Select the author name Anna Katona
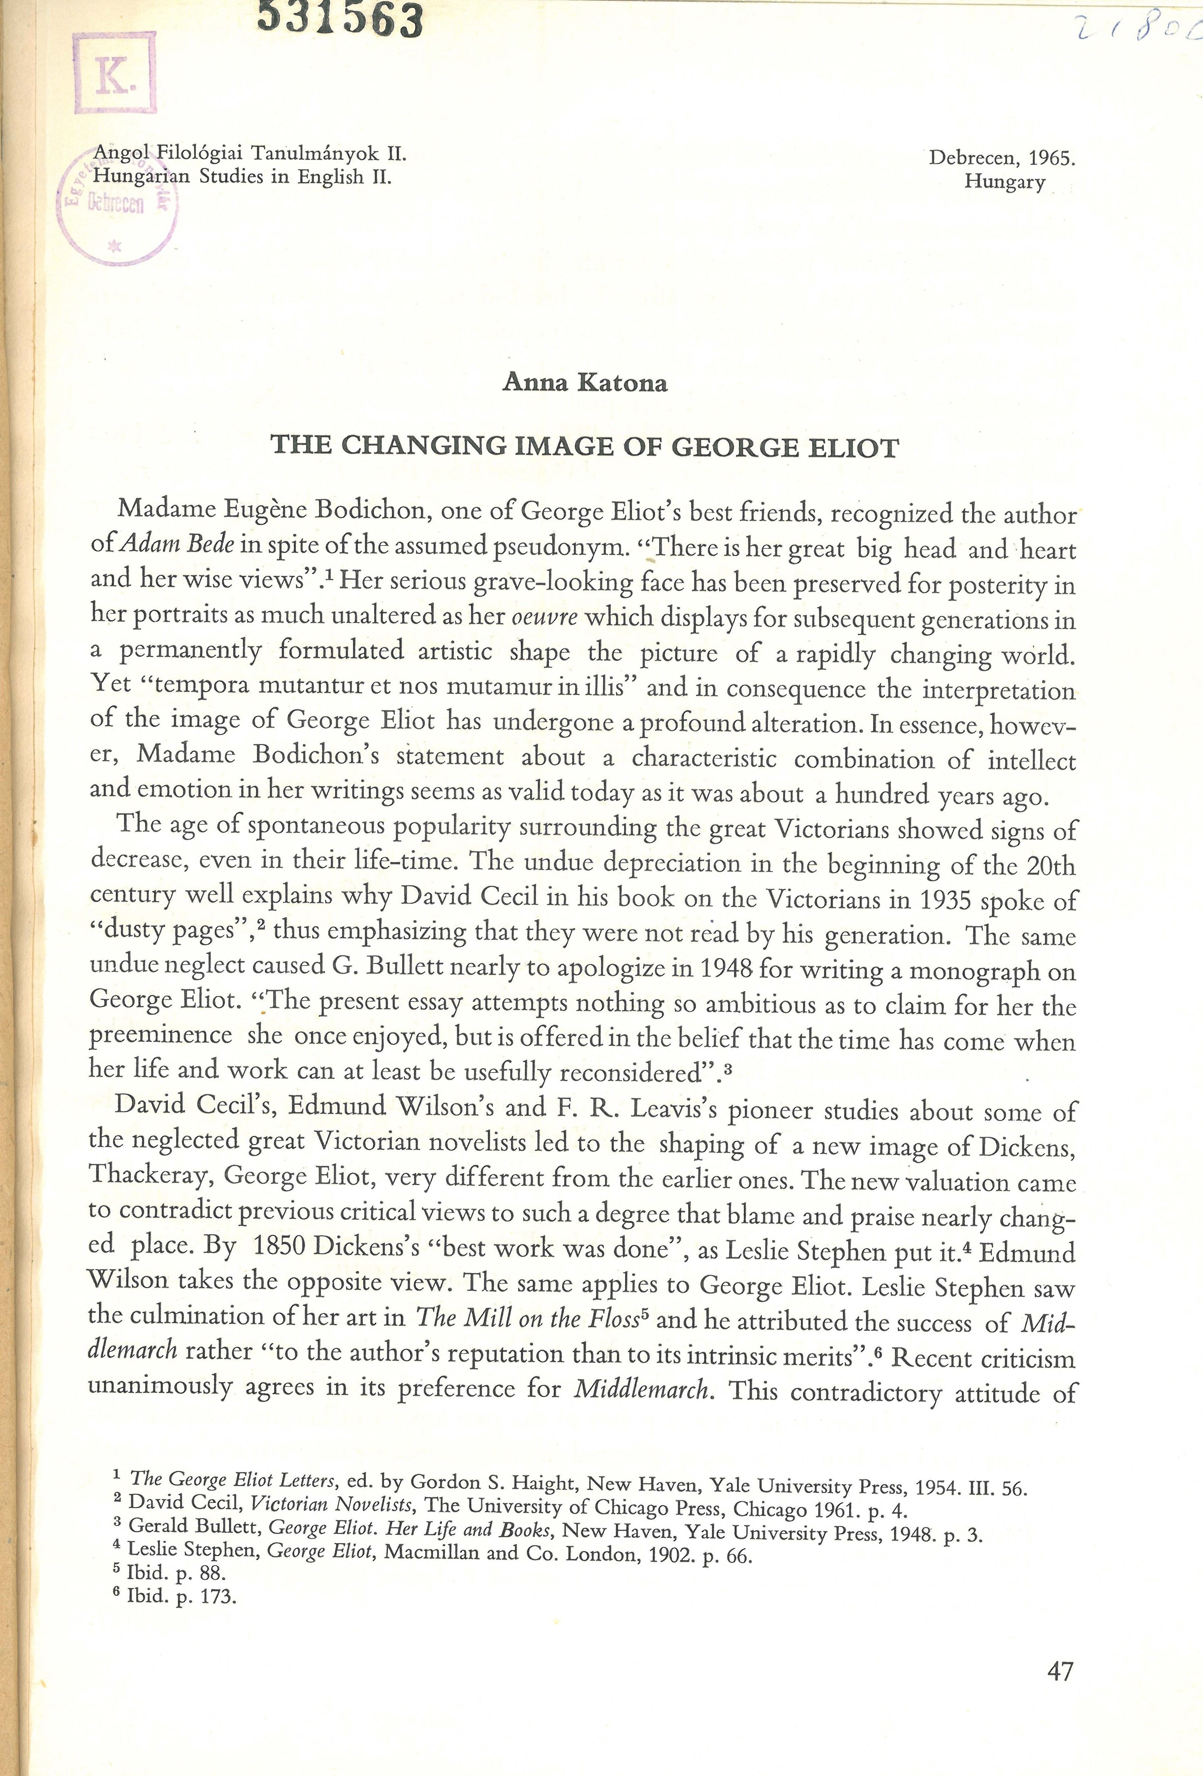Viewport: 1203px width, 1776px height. (585, 382)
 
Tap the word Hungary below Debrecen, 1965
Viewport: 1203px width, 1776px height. (1004, 182)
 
